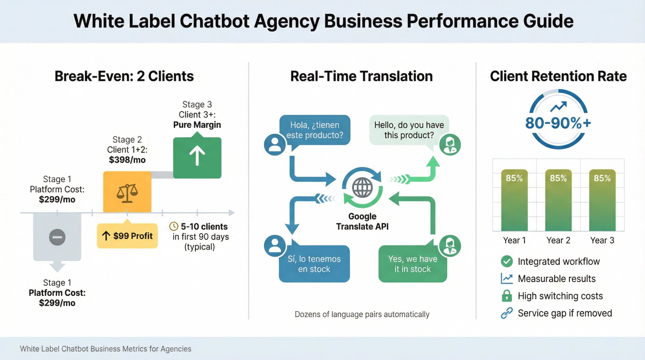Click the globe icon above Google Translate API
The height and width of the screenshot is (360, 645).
click(362, 188)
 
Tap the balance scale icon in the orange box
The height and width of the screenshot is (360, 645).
click(127, 193)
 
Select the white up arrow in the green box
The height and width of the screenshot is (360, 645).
click(197, 155)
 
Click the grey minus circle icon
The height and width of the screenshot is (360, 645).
click(57, 237)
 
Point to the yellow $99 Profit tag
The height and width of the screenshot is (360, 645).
click(127, 236)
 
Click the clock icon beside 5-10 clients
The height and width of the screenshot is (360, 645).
click(174, 226)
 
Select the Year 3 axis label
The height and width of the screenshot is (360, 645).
click(602, 240)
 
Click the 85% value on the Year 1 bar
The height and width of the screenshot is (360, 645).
click(514, 178)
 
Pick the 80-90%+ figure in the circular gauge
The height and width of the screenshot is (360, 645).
click(558, 123)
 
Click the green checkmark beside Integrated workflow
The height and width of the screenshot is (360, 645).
click(507, 261)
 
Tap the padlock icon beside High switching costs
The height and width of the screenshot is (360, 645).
click(507, 296)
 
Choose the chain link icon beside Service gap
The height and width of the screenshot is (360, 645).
click(507, 313)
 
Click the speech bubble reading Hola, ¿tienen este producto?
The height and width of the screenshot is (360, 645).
click(315, 130)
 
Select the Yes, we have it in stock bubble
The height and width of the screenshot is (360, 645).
click(412, 264)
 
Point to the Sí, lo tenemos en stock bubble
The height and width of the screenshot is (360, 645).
click(314, 264)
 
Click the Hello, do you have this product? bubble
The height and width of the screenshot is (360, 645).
click(409, 130)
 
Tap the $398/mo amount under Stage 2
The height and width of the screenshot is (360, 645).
click(127, 160)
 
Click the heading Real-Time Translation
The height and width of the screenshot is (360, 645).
click(362, 76)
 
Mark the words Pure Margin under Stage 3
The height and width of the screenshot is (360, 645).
click(197, 125)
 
